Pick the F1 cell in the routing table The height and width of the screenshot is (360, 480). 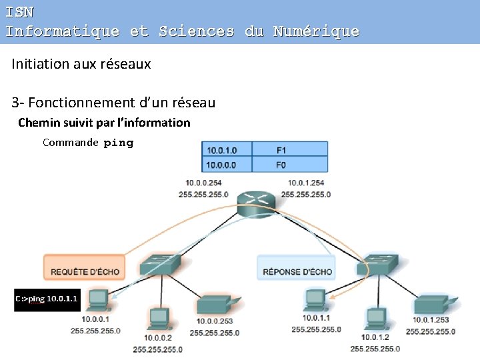pyautogui.click(x=293, y=149)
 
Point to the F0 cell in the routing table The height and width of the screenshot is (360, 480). pyautogui.click(x=293, y=165)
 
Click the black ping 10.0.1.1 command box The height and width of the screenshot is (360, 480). pyautogui.click(x=47, y=299)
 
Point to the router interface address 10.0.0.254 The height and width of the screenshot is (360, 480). pyautogui.click(x=203, y=183)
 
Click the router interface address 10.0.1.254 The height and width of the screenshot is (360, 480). pyautogui.click(x=306, y=183)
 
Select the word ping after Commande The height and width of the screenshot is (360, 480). pyautogui.click(x=119, y=143)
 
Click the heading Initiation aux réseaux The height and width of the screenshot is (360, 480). pyautogui.click(x=81, y=64)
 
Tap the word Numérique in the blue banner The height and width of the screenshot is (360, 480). pyautogui.click(x=315, y=31)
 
